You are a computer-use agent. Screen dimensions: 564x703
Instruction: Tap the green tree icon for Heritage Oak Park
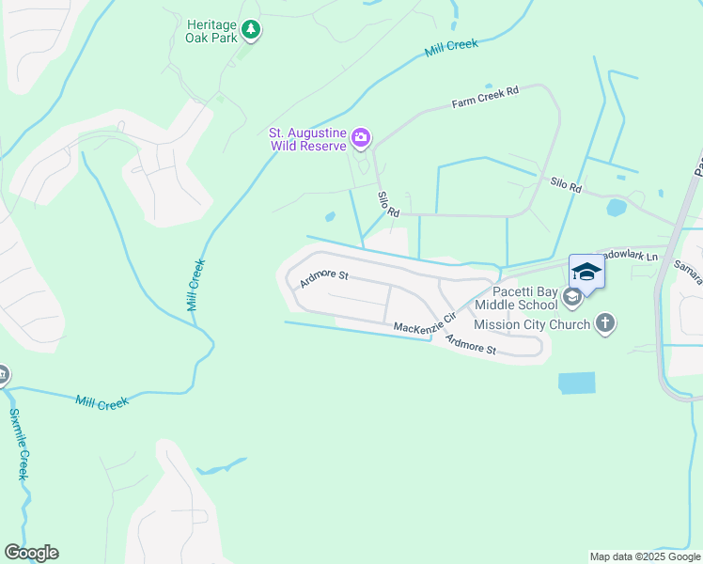coord(250,31)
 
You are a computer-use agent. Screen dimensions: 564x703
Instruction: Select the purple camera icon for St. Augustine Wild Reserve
coord(360,140)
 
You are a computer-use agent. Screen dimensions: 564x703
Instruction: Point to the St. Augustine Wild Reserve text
coord(308,140)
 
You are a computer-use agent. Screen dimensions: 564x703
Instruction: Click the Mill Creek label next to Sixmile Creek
coord(101,402)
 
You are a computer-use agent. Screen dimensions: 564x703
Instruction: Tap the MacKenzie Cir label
coord(425,321)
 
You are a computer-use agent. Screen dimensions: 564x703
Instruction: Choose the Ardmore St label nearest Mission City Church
coord(470,345)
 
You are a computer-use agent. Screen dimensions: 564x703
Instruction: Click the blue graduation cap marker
coord(586,272)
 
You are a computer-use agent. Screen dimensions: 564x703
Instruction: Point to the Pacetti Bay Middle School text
coord(517,298)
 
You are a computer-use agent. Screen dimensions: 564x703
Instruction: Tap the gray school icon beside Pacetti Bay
coord(570,299)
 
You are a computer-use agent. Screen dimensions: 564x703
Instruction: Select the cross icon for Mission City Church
coord(605,324)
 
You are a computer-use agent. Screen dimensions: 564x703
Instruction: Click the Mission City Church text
coord(532,324)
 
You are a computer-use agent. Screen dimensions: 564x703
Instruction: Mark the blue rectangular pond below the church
coord(576,382)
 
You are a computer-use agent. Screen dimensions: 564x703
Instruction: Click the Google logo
coord(31,553)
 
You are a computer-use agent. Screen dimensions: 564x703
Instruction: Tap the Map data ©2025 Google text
coord(644,556)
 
